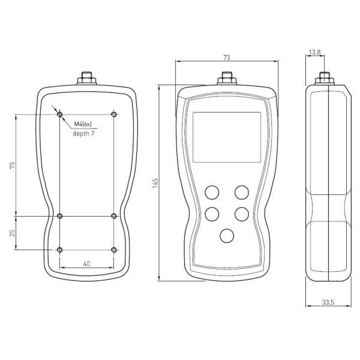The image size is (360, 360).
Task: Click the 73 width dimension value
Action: click(227, 58)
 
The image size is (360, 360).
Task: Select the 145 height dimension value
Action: click(155, 182)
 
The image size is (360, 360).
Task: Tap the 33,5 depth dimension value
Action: click(328, 302)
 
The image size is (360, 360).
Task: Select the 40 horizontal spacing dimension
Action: click(86, 263)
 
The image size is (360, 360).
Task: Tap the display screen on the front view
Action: click(226, 137)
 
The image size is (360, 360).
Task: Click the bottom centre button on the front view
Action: click(227, 235)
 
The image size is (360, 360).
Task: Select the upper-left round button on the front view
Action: click(212, 192)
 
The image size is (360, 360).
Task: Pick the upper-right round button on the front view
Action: click(242, 192)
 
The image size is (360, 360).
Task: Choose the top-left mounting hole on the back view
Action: click(59, 114)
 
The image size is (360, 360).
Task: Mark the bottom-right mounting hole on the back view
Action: click(113, 249)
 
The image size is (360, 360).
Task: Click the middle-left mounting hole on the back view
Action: click(59, 215)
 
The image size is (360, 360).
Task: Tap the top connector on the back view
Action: click(87, 79)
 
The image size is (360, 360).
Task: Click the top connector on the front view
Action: click(227, 79)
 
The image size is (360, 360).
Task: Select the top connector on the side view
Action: click(325, 79)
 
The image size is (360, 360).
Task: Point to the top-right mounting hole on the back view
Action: click(113, 114)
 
